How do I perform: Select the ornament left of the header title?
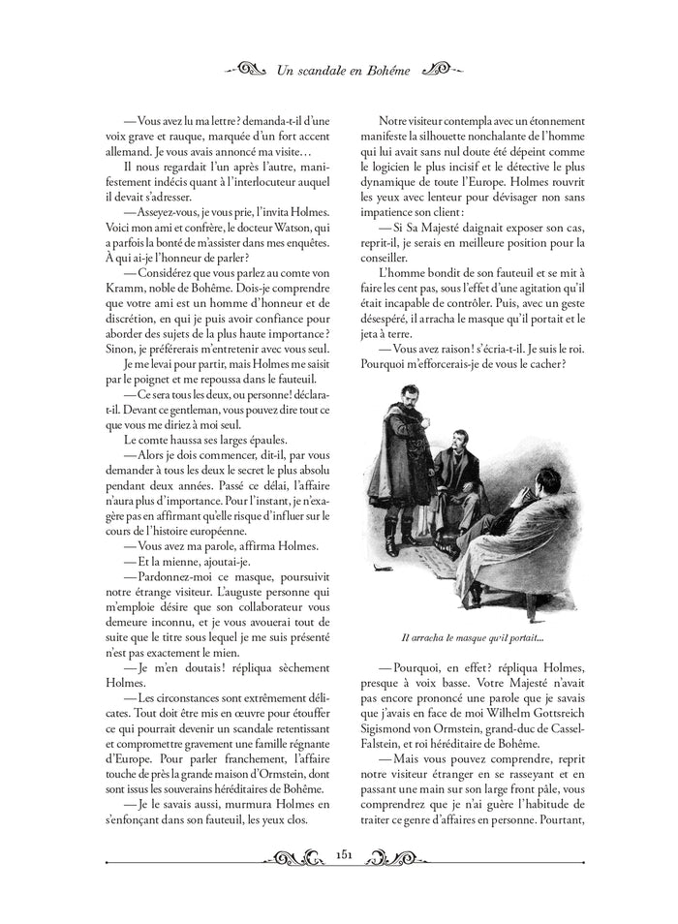point(241,70)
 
